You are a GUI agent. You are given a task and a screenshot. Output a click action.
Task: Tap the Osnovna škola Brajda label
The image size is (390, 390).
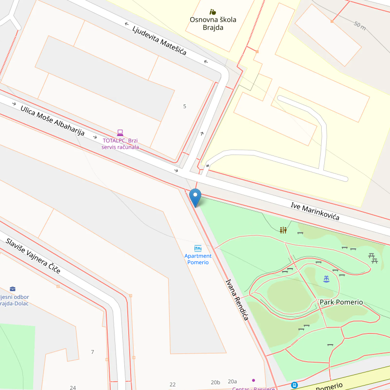[213, 23]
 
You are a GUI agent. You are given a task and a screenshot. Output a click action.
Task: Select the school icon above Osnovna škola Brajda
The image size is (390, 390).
[213, 12]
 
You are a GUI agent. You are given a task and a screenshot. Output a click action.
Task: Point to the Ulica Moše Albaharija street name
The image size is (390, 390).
[53, 120]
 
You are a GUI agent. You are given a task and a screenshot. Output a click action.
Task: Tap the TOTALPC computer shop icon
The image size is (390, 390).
[120, 133]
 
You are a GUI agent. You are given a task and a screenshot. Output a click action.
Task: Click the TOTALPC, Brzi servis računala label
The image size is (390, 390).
[120, 144]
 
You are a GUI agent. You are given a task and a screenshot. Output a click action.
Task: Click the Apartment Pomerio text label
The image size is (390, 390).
[198, 259]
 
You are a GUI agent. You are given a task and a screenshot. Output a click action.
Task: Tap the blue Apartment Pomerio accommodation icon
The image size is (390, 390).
[198, 248]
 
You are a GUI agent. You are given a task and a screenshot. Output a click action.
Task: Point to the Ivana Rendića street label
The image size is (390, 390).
[237, 299]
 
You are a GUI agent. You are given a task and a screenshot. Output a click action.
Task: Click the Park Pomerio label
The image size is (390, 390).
[341, 302]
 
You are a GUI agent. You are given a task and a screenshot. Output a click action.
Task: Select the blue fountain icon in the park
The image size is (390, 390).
[326, 279]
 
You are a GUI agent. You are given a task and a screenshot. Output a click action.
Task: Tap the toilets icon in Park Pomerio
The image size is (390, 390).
[283, 230]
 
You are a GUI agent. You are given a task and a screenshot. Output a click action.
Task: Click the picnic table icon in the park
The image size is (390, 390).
[373, 258]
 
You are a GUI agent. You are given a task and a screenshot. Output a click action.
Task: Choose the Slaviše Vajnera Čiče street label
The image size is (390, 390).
[33, 256]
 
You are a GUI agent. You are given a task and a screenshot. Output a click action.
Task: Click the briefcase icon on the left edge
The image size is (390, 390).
[13, 289]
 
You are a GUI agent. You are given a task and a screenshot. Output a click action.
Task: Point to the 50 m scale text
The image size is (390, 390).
[360, 25]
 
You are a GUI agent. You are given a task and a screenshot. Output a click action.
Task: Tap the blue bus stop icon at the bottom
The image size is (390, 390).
[294, 385]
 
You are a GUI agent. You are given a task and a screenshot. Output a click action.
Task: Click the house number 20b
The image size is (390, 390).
[215, 382]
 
